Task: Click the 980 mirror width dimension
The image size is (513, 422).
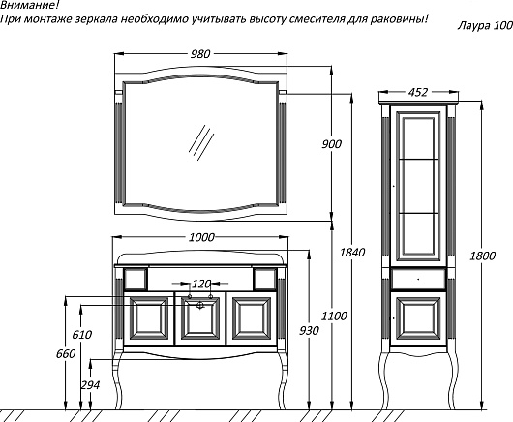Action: (200, 54)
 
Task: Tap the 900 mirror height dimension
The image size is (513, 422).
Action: (331, 144)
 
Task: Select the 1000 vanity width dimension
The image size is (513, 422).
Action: (201, 237)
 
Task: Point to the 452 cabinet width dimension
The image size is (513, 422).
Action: (418, 93)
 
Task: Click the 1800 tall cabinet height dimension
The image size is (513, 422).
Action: (483, 256)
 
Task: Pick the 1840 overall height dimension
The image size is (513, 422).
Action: (352, 253)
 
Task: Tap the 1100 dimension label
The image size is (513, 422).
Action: (334, 316)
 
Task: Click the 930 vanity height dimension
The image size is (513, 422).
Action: (309, 331)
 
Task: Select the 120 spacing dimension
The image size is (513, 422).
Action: (200, 284)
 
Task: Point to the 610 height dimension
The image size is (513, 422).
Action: (82, 335)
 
